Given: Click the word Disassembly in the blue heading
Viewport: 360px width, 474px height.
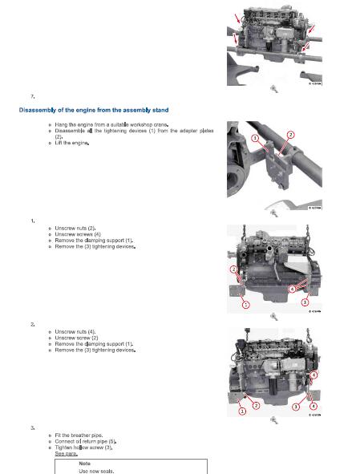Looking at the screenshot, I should click(39, 109).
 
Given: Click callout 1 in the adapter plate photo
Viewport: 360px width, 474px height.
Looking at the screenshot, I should click(254, 138).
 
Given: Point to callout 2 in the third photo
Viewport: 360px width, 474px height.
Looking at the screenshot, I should click(233, 270).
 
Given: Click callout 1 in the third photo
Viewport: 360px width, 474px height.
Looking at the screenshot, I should click(245, 305).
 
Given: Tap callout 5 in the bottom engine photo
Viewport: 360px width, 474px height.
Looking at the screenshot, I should click(313, 375).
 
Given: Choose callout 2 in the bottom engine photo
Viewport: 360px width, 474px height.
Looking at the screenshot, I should click(256, 406).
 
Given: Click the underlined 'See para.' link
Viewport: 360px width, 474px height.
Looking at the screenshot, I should click(66, 452).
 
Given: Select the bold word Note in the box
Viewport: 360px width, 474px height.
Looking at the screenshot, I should click(85, 464).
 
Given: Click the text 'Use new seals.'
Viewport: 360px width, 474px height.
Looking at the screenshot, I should click(96, 471).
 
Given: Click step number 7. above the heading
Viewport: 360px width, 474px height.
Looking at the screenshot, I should click(32, 95).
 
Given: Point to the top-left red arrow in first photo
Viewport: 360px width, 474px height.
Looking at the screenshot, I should click(237, 18).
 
